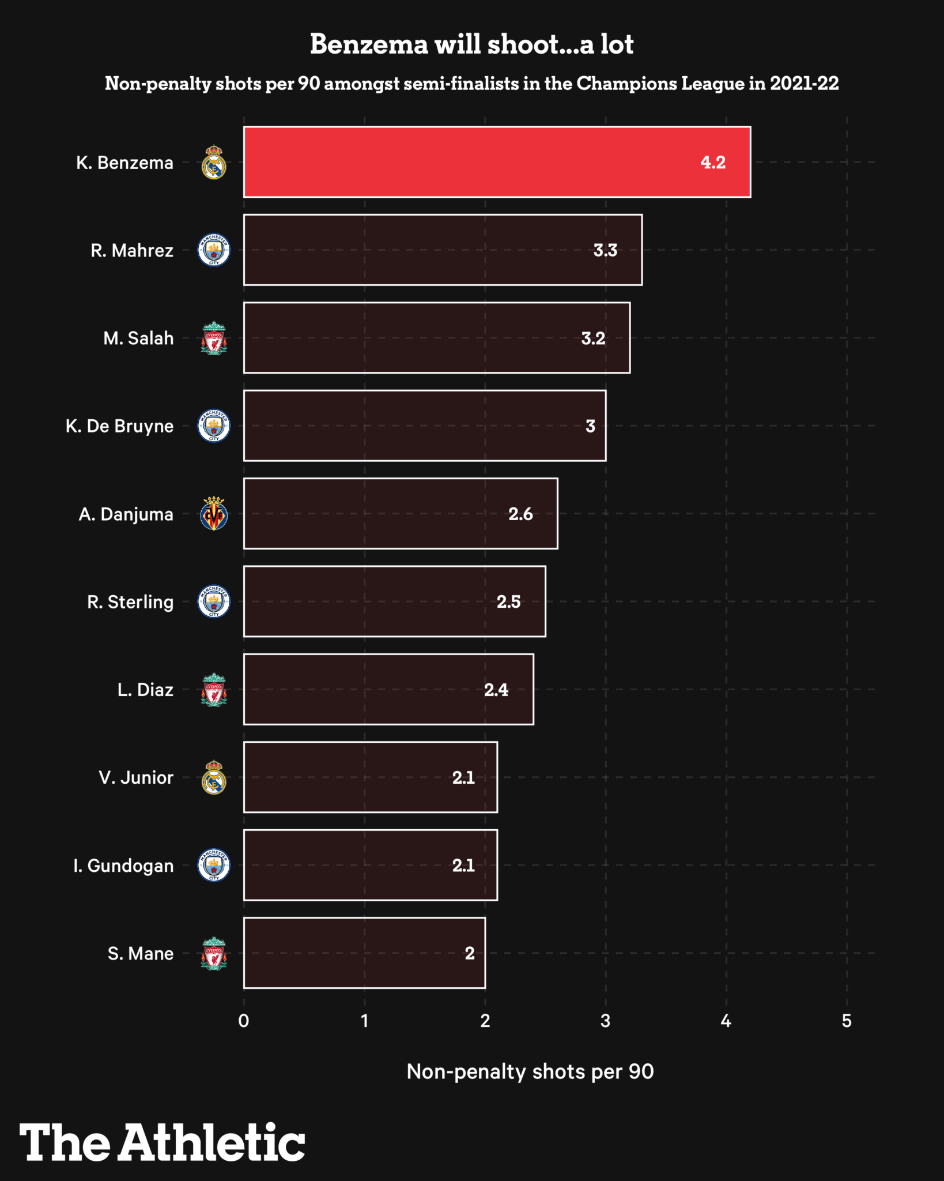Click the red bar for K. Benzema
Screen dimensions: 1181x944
[497, 162]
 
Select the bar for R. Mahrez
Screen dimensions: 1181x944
[443, 250]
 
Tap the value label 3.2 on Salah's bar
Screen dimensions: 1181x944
[593, 338]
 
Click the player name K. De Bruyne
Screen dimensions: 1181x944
[119, 426]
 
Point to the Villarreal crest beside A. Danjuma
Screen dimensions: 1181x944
[214, 514]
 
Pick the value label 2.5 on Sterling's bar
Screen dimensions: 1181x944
[508, 601]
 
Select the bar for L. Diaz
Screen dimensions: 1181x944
[388, 689]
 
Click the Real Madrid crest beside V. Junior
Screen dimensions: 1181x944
[214, 777]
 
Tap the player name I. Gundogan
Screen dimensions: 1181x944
[123, 866]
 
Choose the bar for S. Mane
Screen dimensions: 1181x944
[364, 953]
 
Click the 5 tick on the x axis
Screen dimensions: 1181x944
[847, 1021]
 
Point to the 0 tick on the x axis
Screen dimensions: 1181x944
[244, 1021]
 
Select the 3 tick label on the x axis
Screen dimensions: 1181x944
[605, 1021]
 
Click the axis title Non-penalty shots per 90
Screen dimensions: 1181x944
[530, 1071]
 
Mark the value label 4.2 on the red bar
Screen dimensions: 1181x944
[713, 163]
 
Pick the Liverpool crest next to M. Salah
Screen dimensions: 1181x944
[214, 338]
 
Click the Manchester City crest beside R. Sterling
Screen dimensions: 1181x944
[214, 601]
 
